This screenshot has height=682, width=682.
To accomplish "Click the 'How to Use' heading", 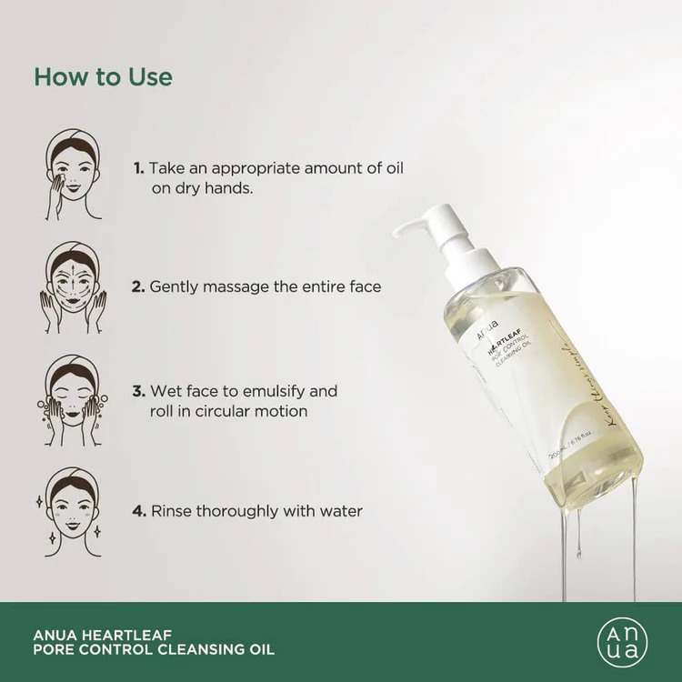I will pos(103,76).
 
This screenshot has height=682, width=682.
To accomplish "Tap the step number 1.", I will pos(138,169).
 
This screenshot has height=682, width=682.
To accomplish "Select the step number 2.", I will pos(138,286).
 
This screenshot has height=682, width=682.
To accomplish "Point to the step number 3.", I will pos(138,391).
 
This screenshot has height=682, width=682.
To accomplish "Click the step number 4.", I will pos(139,511).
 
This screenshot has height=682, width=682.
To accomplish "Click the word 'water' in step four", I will pos(338,511).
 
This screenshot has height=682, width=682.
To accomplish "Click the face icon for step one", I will pos(75,174).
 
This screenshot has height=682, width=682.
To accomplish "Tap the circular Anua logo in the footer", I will pos(623,642).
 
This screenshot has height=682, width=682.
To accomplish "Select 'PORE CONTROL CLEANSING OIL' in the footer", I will pos(153,650).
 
